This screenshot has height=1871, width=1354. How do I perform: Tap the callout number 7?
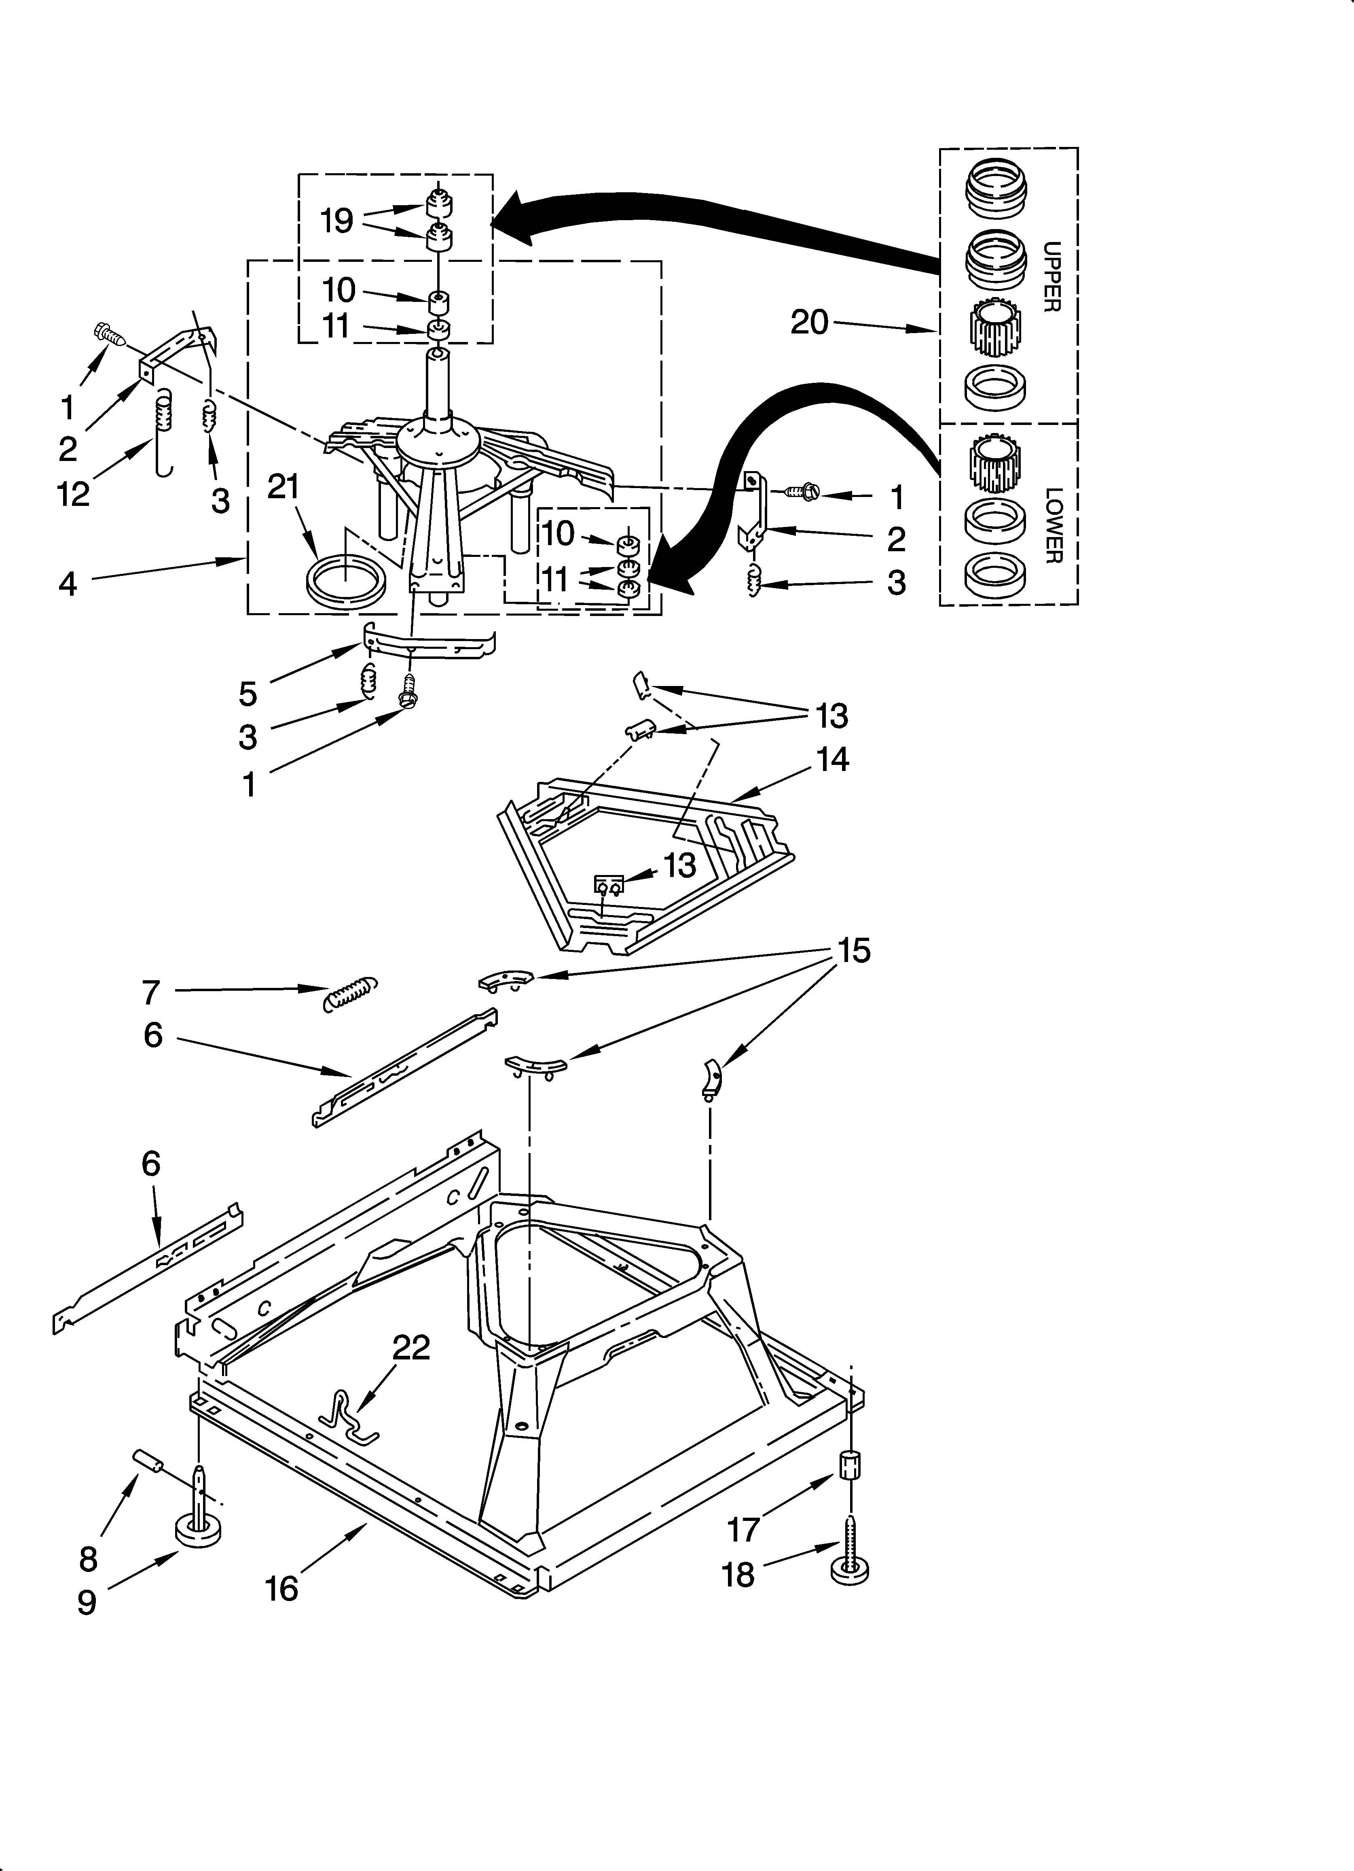[x=150, y=992]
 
